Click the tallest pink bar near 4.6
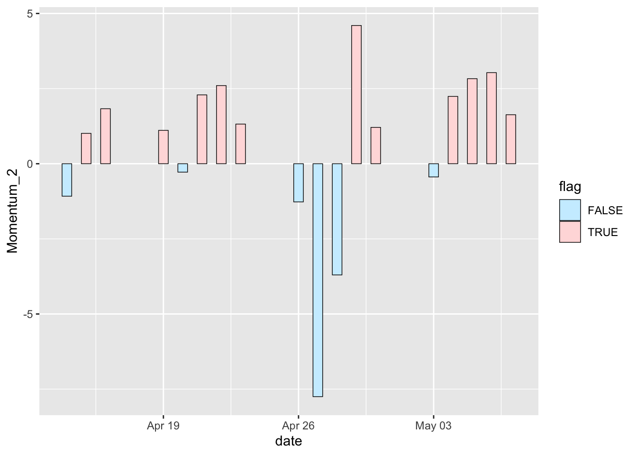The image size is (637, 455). pos(356,95)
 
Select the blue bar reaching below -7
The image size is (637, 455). pos(318,280)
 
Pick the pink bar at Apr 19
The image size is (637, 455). pos(163,147)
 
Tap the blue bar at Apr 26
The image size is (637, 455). pos(298,182)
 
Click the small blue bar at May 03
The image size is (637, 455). pos(433,170)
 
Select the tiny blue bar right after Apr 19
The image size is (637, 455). pos(182,168)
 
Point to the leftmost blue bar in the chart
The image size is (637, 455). pos(67,180)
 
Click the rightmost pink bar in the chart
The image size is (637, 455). pos(510,139)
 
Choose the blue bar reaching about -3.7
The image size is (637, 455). pos(337,219)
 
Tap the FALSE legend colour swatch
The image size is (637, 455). pos(570,210)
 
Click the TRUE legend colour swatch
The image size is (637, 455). pos(570,232)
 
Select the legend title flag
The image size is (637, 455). pos(570,187)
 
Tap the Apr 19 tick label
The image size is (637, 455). pos(163,426)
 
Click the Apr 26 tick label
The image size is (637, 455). pos(298,426)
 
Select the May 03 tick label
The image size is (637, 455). pos(433,426)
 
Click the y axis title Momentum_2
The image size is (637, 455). pos(12,211)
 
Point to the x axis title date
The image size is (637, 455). pos(289,441)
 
